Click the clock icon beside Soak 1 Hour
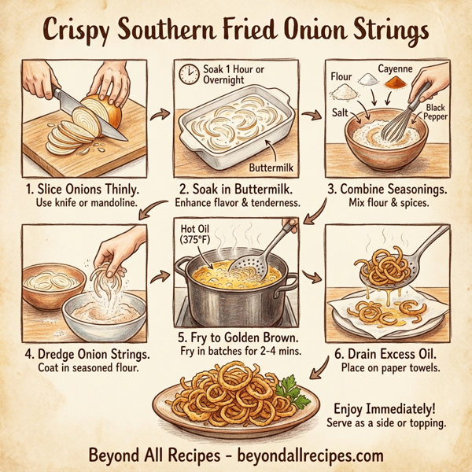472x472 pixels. tap(188, 75)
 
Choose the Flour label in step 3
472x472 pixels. tap(341, 79)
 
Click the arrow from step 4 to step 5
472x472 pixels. tap(164, 277)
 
